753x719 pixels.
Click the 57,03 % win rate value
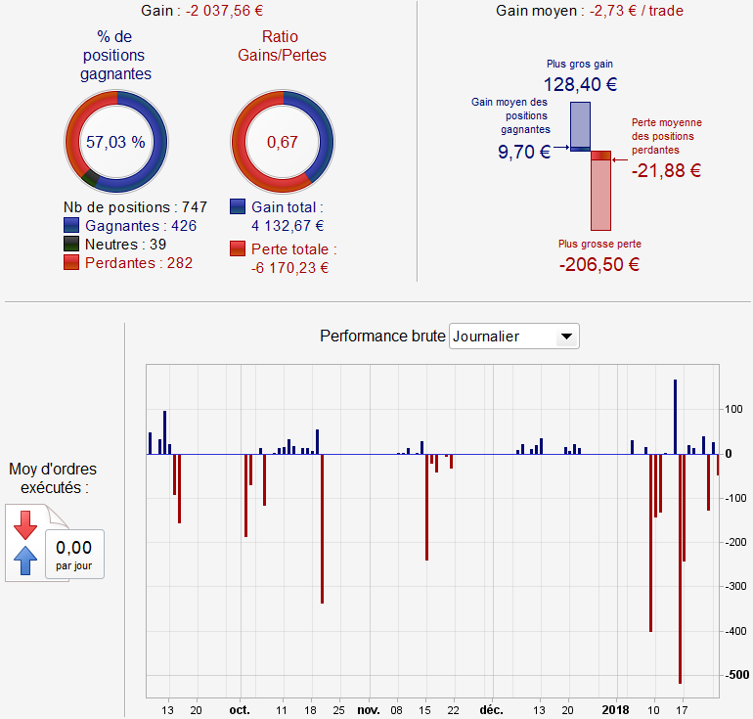[115, 142]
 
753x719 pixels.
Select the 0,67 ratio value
[282, 142]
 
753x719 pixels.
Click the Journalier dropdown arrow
[564, 337]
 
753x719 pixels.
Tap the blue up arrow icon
[25, 560]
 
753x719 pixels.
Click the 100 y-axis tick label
[734, 409]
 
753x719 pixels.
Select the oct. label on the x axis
[240, 709]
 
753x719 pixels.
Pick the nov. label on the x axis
[368, 709]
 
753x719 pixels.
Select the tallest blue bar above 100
[675, 416]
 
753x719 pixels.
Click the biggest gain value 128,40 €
[579, 84]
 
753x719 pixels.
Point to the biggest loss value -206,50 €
[599, 264]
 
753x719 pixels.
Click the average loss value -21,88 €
[666, 170]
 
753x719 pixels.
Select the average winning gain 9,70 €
[523, 152]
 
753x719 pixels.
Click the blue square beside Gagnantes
[70, 226]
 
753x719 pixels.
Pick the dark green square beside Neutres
[70, 245]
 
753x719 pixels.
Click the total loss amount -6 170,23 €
[289, 267]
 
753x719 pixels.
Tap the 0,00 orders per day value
[74, 548]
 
